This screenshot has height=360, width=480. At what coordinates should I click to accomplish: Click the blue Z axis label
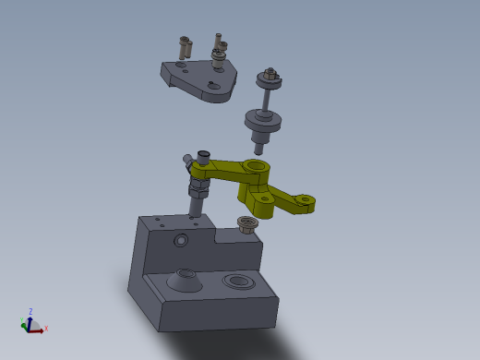(30, 311)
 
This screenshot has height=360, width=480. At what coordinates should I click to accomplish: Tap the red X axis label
(46, 328)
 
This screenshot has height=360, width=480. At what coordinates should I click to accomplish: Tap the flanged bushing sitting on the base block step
(247, 223)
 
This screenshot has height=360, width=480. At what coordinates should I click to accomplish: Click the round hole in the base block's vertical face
(181, 240)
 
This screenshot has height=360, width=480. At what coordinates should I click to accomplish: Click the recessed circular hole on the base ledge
(239, 280)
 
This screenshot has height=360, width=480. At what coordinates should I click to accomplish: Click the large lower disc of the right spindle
(262, 121)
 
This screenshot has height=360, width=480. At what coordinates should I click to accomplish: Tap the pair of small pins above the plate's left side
(185, 45)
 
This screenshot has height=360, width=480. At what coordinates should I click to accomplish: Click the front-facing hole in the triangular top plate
(213, 86)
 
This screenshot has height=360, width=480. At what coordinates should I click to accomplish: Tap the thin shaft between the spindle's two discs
(266, 100)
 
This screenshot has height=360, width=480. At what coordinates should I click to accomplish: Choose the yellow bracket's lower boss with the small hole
(265, 198)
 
